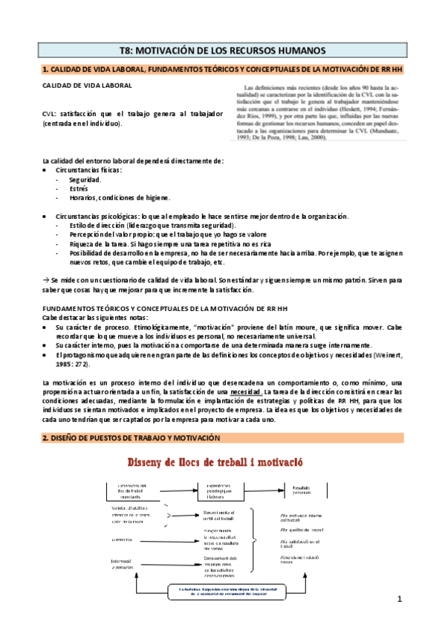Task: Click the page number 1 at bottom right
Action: coord(399,599)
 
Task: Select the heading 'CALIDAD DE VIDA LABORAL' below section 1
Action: coord(88,86)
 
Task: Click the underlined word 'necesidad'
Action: coord(247,391)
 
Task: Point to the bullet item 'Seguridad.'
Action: coord(85,179)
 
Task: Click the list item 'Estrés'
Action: coord(79,188)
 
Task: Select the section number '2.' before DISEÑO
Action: coord(46,438)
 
